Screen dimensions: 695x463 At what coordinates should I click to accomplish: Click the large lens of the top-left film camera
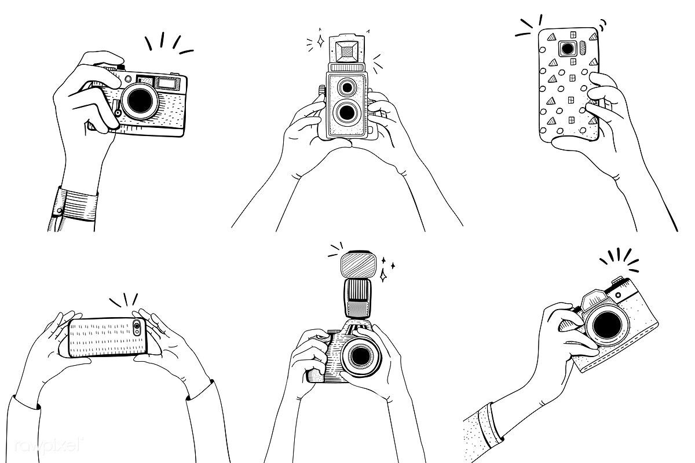[x=140, y=101]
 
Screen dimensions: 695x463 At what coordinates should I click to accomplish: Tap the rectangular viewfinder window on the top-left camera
[x=166, y=83]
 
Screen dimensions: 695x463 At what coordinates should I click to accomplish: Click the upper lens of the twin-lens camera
[x=347, y=88]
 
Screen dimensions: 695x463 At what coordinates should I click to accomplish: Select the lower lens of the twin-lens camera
[x=347, y=112]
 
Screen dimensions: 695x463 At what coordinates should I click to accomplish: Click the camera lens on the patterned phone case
[x=568, y=49]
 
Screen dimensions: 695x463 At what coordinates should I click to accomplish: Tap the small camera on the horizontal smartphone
[x=137, y=328]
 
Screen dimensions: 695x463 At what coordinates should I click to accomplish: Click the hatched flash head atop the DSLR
[x=359, y=264]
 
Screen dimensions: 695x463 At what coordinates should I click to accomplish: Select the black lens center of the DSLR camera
[x=360, y=356]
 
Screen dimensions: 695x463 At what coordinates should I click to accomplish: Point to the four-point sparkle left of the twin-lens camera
[x=320, y=41]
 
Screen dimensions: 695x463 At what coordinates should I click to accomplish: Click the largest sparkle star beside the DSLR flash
[x=383, y=275]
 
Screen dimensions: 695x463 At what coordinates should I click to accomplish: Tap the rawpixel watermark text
[x=49, y=445]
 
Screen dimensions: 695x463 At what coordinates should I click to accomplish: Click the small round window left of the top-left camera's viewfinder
[x=128, y=79]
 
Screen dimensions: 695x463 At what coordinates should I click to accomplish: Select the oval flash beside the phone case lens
[x=583, y=49]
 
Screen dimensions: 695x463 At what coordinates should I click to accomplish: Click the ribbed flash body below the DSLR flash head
[x=357, y=298]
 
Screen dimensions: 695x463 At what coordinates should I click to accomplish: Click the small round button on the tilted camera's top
[x=619, y=295]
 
